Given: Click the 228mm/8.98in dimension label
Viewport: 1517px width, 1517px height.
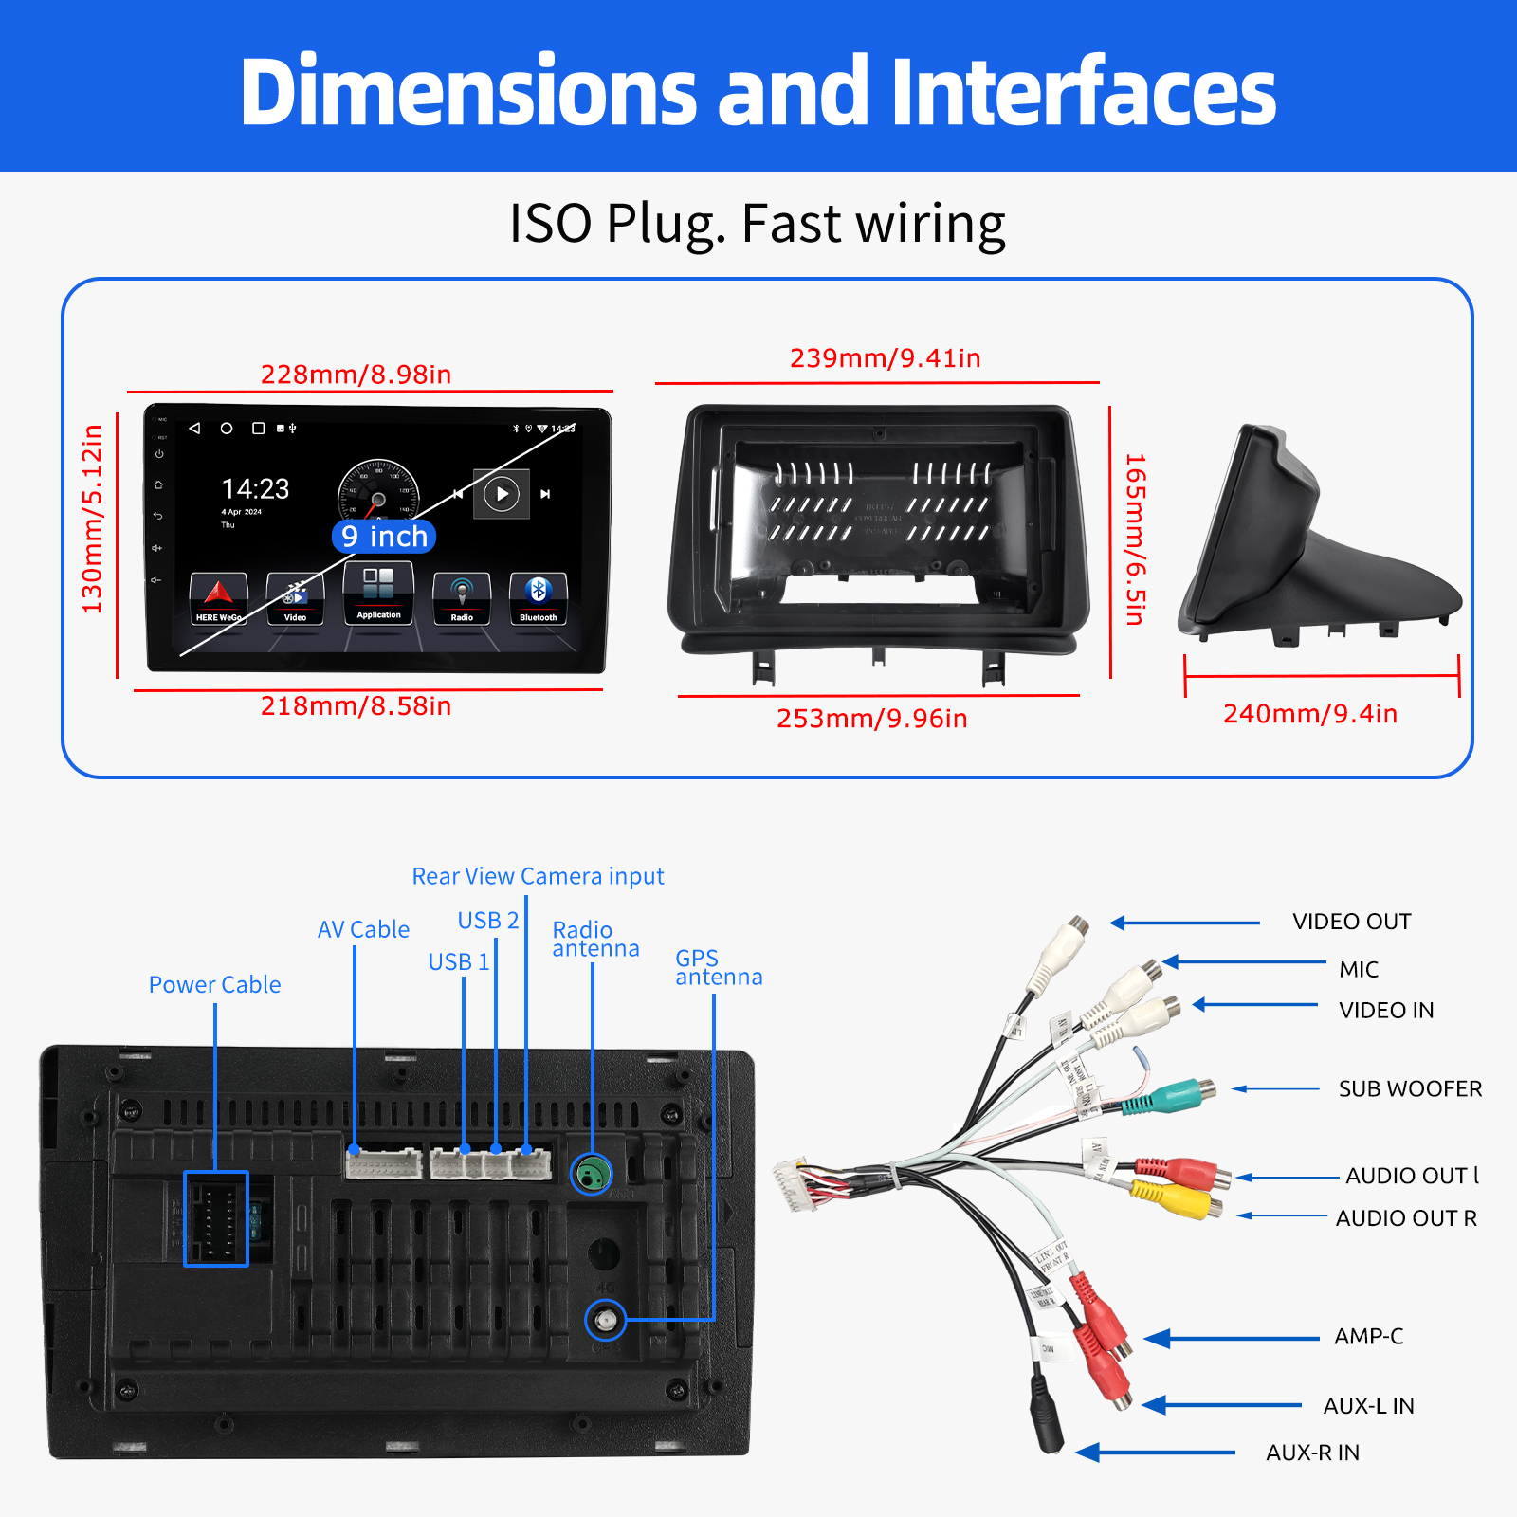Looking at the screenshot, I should [x=356, y=375].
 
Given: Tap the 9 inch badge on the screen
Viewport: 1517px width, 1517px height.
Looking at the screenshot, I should [x=385, y=537].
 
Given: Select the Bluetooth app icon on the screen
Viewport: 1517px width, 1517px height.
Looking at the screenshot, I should [x=538, y=597].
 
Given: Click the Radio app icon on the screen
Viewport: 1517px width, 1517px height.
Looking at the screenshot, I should [x=462, y=597].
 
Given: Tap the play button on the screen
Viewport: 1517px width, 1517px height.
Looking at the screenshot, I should [x=502, y=494].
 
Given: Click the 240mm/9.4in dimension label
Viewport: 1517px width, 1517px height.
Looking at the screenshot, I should [x=1309, y=714].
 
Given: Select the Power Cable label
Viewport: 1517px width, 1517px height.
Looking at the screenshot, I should [x=214, y=985].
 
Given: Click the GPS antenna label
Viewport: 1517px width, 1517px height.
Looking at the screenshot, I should [x=718, y=967].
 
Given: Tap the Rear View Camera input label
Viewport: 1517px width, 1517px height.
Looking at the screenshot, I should [x=538, y=876].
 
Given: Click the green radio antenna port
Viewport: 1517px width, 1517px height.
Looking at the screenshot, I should [x=592, y=1176].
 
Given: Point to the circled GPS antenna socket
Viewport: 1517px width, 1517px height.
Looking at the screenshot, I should [x=606, y=1320].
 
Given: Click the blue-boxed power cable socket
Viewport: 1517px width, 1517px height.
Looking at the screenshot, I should [x=216, y=1218].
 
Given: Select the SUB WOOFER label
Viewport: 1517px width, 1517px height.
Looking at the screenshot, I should [x=1410, y=1088].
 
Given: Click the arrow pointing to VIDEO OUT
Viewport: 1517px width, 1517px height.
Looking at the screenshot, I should [x=1184, y=923].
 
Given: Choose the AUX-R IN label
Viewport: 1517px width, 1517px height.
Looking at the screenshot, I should [x=1312, y=1453].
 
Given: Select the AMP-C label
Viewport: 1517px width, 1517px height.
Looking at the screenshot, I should [x=1368, y=1337].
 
